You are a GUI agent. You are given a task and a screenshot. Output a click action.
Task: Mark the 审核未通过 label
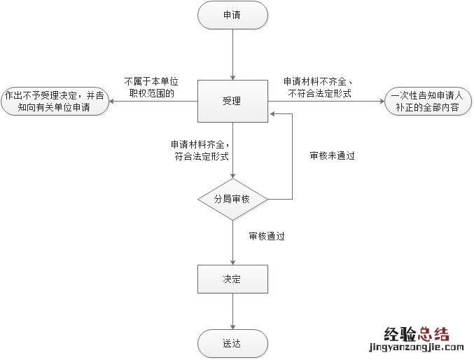(x=332, y=155)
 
